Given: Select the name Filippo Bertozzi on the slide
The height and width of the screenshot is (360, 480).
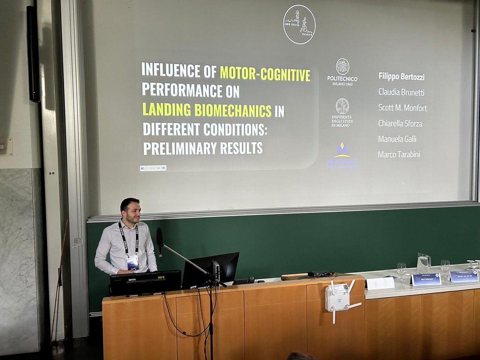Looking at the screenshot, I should pyautogui.click(x=401, y=76).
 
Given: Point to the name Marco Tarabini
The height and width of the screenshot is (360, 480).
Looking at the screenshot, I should pyautogui.click(x=399, y=154).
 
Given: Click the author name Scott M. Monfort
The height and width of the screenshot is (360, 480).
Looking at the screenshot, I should pyautogui.click(x=402, y=108).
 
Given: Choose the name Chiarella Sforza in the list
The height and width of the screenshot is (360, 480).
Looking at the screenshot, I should pyautogui.click(x=400, y=123).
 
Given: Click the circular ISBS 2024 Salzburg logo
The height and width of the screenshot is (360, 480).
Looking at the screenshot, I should pyautogui.click(x=299, y=24).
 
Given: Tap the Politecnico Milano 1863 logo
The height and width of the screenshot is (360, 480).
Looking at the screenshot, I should pyautogui.click(x=342, y=72).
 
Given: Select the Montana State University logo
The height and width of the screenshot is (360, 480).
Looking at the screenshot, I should pyautogui.click(x=342, y=156).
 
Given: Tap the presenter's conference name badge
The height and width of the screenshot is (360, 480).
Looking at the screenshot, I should pyautogui.click(x=132, y=262).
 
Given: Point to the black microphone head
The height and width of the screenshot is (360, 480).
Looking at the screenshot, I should pyautogui.click(x=160, y=236).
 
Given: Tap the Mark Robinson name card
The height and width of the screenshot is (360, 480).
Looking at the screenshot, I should pyautogui.click(x=426, y=279).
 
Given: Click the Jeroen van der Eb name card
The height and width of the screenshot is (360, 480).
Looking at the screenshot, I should pyautogui.click(x=464, y=276).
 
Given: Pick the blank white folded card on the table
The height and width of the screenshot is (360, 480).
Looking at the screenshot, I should pyautogui.click(x=380, y=283).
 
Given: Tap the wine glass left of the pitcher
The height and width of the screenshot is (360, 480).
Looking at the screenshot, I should pyautogui.click(x=401, y=270).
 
